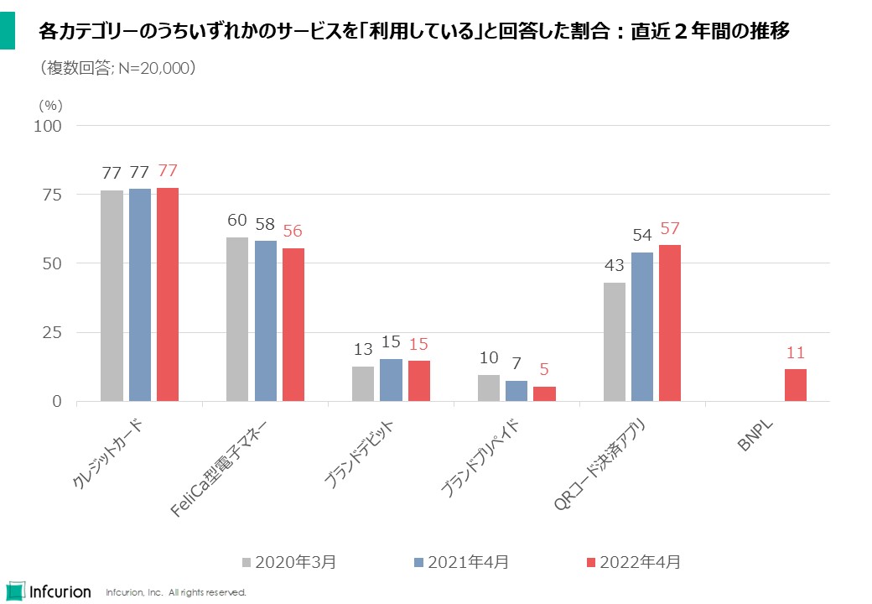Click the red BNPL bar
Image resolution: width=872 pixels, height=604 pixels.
pyautogui.click(x=796, y=385)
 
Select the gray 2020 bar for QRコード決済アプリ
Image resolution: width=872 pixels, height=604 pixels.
pyautogui.click(x=615, y=341)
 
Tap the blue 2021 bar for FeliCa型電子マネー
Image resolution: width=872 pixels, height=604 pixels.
pyautogui.click(x=265, y=320)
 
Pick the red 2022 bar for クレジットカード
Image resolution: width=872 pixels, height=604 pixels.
pyautogui.click(x=168, y=294)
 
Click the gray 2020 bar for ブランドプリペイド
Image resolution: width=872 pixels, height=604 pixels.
pyautogui.click(x=489, y=388)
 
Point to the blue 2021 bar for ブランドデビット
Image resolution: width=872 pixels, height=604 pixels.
pyautogui.click(x=391, y=380)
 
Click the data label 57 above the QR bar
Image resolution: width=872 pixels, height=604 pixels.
pyautogui.click(x=670, y=229)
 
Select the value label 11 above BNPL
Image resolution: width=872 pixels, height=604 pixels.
pyautogui.click(x=796, y=353)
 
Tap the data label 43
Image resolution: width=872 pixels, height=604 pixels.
pyautogui.click(x=615, y=267)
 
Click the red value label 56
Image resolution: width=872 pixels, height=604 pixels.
pyautogui.click(x=293, y=232)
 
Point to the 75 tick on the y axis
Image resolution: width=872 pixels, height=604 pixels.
pyautogui.click(x=52, y=195)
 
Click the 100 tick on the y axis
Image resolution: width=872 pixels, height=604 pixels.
pyautogui.click(x=48, y=126)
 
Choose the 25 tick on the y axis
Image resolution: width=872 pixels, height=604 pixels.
pyautogui.click(x=52, y=332)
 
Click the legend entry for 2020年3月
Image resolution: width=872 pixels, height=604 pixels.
pyautogui.click(x=289, y=562)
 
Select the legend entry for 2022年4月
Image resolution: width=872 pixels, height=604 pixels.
pyautogui.click(x=633, y=562)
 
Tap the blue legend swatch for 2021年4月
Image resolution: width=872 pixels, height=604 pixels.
pyautogui.click(x=419, y=562)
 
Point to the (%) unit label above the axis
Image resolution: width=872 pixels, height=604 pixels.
pyautogui.click(x=51, y=106)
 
